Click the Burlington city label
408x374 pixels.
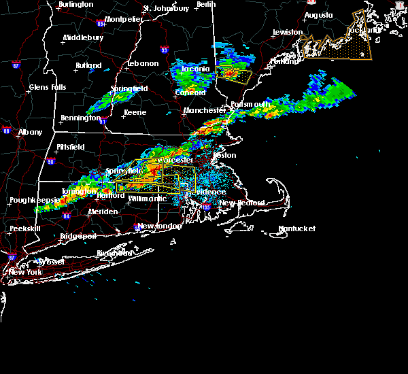tap(76, 4)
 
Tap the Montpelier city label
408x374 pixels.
tap(124, 19)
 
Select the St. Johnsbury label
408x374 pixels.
tap(166, 8)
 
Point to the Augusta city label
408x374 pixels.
tap(318, 14)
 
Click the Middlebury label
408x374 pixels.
tap(83, 37)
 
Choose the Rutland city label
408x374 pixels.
tap(88, 65)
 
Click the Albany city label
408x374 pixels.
tap(30, 132)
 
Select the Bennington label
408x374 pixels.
tap(80, 118)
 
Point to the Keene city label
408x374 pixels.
tap(135, 112)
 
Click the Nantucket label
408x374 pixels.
tap(297, 228)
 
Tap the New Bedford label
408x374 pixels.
tap(237, 203)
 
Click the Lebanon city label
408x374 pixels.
tap(143, 63)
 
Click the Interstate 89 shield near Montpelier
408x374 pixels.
tap(101, 24)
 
